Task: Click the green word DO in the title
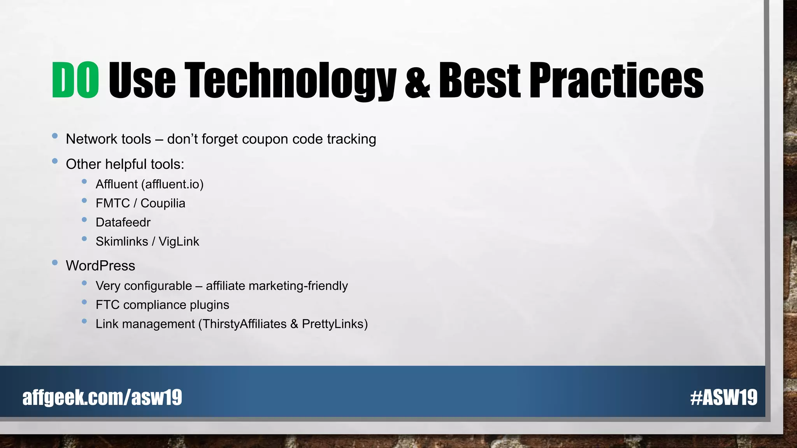[75, 80]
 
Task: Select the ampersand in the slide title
[417, 81]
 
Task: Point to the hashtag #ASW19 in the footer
[723, 397]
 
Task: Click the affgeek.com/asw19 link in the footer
[102, 397]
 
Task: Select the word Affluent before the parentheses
[116, 184]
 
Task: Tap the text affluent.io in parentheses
[172, 184]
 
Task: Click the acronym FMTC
[112, 203]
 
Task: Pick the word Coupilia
[163, 203]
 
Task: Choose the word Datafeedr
[123, 222]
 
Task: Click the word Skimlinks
[122, 241]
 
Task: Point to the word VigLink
[179, 241]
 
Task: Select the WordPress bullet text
[100, 266]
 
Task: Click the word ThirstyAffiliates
[244, 324]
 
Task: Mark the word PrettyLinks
[333, 324]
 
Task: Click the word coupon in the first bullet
[265, 139]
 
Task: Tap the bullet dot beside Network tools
[55, 136]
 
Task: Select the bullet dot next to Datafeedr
[84, 220]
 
